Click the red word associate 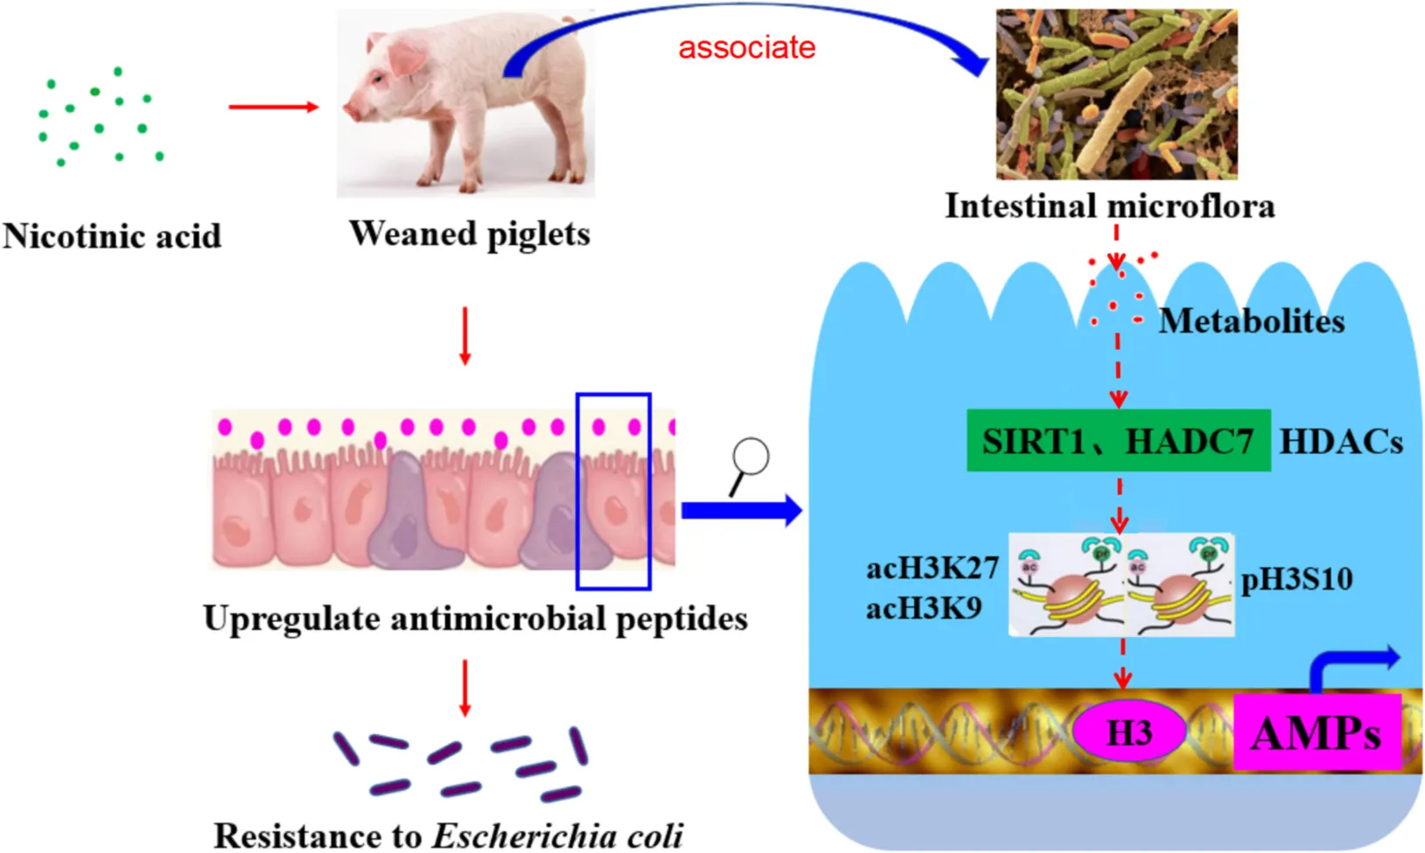click(x=746, y=47)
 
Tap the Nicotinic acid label click(x=112, y=236)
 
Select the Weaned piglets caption click(x=470, y=234)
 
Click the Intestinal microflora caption click(x=1109, y=206)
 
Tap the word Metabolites click(x=1251, y=321)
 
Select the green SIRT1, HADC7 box click(x=1118, y=441)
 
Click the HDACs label click(x=1341, y=442)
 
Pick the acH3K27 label click(x=933, y=569)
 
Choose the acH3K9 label click(x=924, y=607)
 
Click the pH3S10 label click(x=1296, y=579)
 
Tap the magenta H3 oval click(x=1129, y=732)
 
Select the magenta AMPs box click(x=1317, y=732)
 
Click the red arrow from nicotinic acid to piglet click(x=273, y=107)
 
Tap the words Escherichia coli click(x=558, y=836)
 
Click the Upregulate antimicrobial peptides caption click(x=475, y=619)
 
